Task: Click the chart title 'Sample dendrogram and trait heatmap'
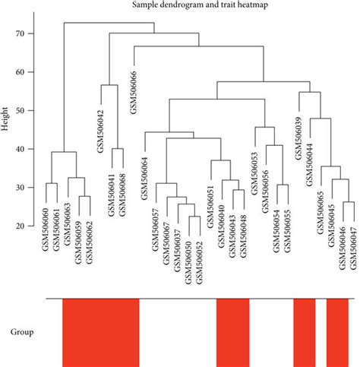(x=179, y=7)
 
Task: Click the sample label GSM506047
(x=353, y=248)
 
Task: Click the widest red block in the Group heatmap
(x=101, y=332)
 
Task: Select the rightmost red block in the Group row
(x=337, y=332)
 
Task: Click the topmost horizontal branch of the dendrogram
(x=109, y=23)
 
